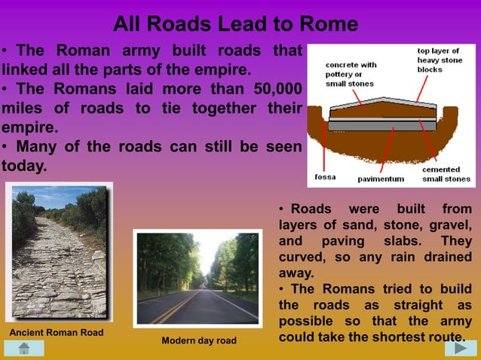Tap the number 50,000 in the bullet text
[276, 89]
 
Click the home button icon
[23, 348]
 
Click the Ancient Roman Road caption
[56, 333]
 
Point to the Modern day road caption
[199, 341]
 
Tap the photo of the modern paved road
[198, 279]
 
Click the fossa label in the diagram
[325, 178]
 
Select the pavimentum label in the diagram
[381, 179]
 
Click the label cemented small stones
[446, 175]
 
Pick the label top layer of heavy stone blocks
[440, 60]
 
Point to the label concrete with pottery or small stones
[351, 75]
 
